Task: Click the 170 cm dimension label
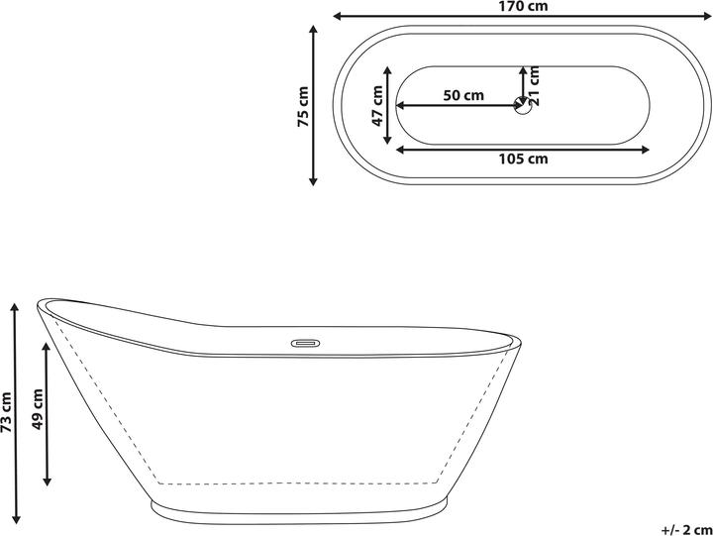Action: click(523, 6)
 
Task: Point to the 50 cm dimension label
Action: click(463, 95)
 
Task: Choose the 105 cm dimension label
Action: click(524, 159)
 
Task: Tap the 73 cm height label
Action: click(7, 411)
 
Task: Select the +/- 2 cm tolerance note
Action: click(683, 528)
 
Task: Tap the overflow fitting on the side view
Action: click(303, 344)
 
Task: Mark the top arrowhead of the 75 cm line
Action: click(314, 31)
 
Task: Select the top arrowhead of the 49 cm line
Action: click(47, 345)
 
